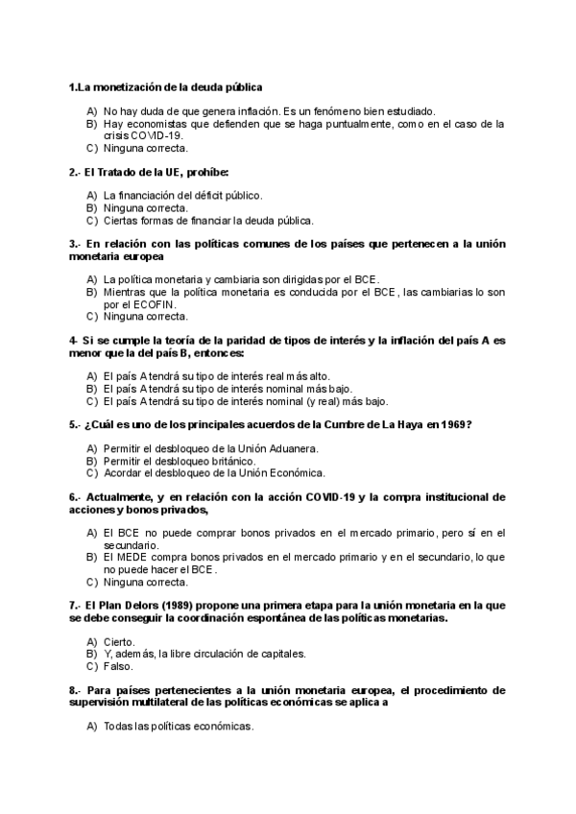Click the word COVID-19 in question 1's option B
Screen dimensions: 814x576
[158, 136]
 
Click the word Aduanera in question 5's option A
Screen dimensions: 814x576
[294, 448]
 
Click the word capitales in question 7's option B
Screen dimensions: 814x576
[282, 654]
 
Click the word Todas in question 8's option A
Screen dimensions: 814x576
[118, 726]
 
